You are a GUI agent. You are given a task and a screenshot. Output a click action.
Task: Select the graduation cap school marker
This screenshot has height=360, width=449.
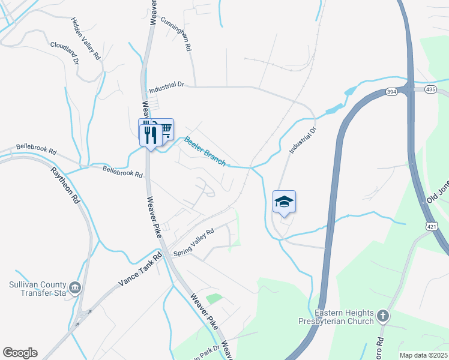[x=284, y=202]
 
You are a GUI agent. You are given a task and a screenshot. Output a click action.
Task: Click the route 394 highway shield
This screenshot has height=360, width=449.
[x=391, y=91]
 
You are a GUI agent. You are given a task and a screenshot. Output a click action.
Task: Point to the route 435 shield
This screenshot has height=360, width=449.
[x=430, y=88]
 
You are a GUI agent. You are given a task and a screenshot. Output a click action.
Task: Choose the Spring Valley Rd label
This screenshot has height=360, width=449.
[x=194, y=242]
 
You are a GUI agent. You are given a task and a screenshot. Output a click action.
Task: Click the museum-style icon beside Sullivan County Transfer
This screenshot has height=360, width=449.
[x=74, y=289]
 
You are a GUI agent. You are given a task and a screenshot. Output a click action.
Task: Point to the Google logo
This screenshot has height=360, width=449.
[x=20, y=352]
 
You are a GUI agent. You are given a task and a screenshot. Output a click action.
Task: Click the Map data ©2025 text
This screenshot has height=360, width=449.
[x=423, y=355]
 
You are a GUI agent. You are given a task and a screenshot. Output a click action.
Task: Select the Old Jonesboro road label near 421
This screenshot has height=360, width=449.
[x=437, y=192]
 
